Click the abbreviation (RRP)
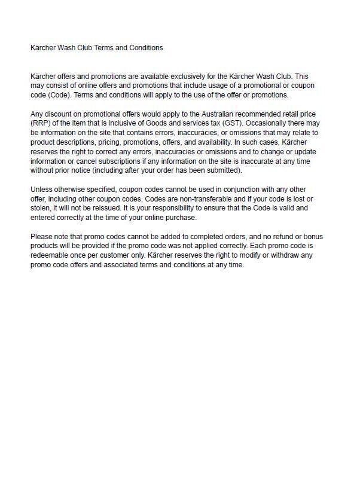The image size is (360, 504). (41, 123)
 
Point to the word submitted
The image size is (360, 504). (223, 170)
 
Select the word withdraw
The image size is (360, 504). (291, 256)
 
